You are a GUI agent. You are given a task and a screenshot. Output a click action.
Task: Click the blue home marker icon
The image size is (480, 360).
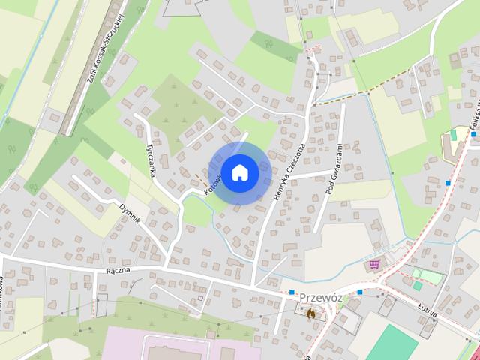click(x=239, y=172)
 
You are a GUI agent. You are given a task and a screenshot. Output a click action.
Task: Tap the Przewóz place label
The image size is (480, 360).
click(x=320, y=297)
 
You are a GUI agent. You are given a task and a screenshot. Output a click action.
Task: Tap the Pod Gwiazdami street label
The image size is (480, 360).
click(x=334, y=170)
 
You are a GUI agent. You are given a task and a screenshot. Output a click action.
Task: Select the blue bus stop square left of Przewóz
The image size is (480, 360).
click(x=291, y=292)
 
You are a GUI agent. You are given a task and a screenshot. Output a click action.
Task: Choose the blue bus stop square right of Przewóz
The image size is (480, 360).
click(x=360, y=292)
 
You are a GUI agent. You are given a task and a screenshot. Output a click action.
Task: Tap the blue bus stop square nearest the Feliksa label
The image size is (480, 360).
click(x=448, y=182)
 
